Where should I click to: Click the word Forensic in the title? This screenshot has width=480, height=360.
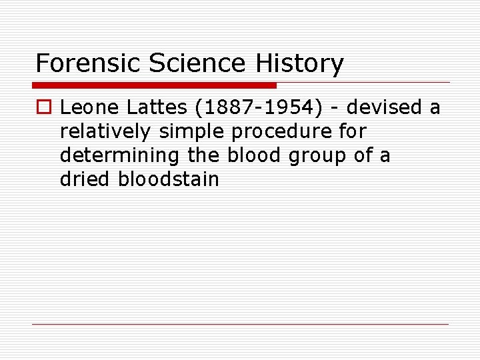tap(90, 64)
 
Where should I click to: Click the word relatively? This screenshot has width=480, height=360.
tap(107, 131)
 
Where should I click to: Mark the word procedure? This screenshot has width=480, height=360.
tap(281, 131)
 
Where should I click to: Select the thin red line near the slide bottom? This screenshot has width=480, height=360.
tap(240, 324)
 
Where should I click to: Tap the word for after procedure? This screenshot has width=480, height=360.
tap(353, 131)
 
